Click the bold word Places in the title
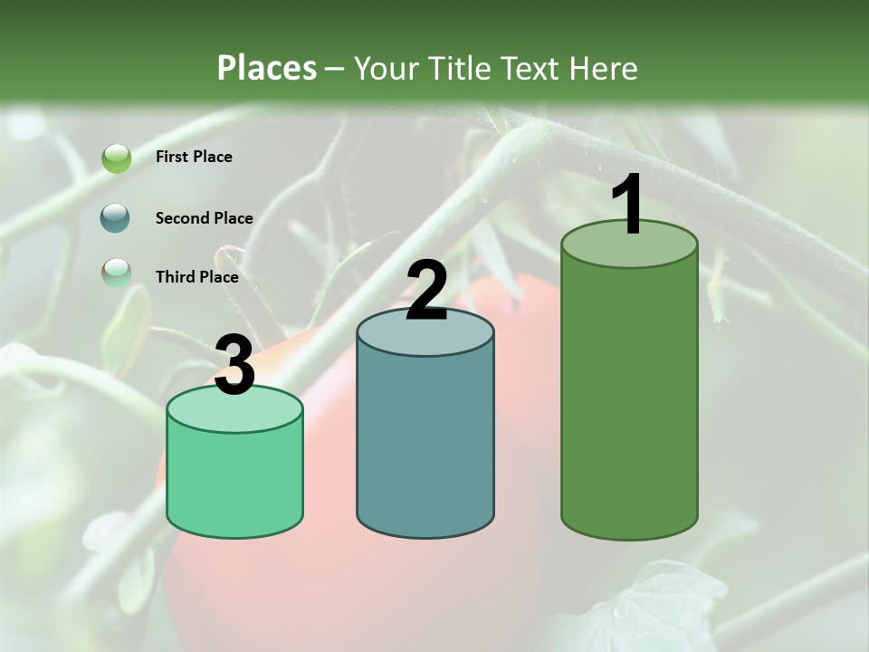267,68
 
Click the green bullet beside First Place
117,158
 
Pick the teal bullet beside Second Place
117,218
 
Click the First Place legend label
194,157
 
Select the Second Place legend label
204,218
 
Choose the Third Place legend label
196,277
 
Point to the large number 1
628,205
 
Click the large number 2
426,291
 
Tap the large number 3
235,366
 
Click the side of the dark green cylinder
629,398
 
